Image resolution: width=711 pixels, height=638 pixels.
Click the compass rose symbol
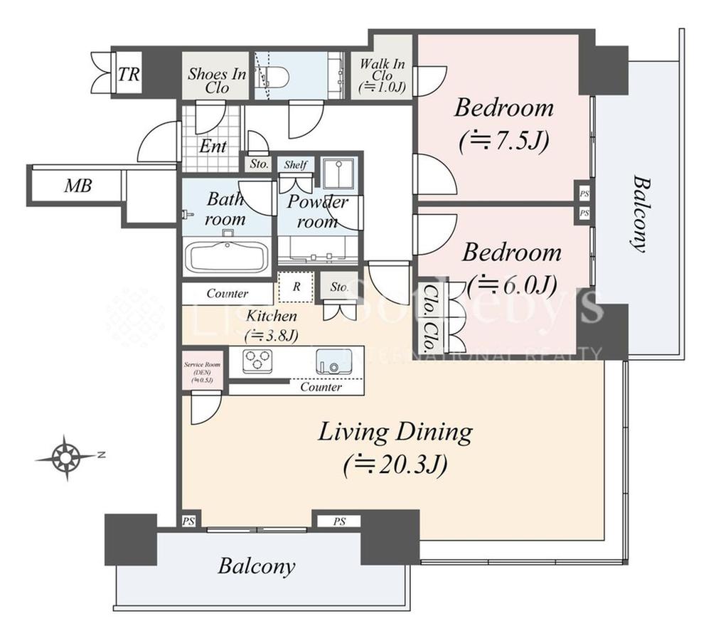66,457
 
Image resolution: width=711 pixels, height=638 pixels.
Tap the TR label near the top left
128,74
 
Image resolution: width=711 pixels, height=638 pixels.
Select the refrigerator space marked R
294,288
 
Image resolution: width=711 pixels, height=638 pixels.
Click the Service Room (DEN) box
203,371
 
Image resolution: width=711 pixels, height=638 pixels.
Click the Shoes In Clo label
217,81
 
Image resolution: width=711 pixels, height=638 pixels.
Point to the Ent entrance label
213,147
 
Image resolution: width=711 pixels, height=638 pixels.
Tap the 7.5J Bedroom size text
503,141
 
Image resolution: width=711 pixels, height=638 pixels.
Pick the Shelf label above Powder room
295,165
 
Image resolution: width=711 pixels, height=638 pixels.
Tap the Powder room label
317,211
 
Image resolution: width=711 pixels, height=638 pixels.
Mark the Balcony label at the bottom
256,566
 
